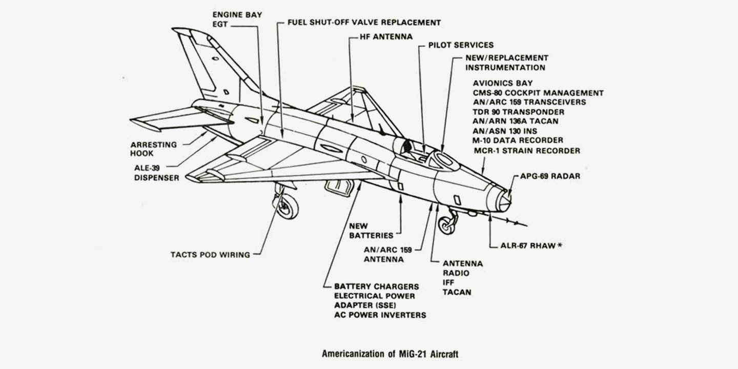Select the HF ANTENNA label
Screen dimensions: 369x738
[380, 37]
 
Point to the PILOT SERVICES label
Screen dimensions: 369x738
[461, 45]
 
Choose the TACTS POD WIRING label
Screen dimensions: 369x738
[211, 254]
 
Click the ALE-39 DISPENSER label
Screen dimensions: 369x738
[157, 173]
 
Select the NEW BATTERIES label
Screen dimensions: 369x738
[371, 231]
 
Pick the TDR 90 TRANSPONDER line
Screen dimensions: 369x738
[518, 112]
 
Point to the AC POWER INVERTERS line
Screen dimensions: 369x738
[380, 315]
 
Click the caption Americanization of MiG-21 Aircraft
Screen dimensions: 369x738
[394, 353]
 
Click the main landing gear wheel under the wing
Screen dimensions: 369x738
[288, 207]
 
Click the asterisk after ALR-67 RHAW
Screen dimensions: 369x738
[560, 245]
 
